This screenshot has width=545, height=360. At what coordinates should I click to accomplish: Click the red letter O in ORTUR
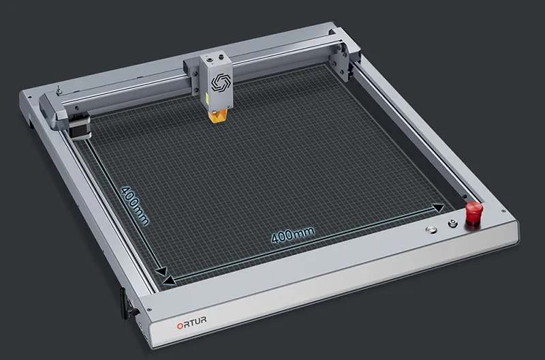point(180,326)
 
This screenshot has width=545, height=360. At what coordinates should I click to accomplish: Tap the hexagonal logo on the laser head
point(219,82)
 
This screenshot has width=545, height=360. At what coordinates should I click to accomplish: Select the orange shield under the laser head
point(218,116)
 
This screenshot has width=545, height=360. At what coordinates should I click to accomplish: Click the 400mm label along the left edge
point(135,206)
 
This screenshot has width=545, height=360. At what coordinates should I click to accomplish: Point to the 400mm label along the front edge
point(293,235)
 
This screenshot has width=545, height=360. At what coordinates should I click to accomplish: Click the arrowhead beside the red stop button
point(439,208)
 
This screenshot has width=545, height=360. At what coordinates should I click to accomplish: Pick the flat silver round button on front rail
point(431,230)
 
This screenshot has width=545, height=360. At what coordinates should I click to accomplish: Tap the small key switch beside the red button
point(452,224)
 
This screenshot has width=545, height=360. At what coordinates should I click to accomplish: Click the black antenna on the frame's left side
point(124,303)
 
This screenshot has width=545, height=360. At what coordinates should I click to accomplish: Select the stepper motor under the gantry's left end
point(80,127)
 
